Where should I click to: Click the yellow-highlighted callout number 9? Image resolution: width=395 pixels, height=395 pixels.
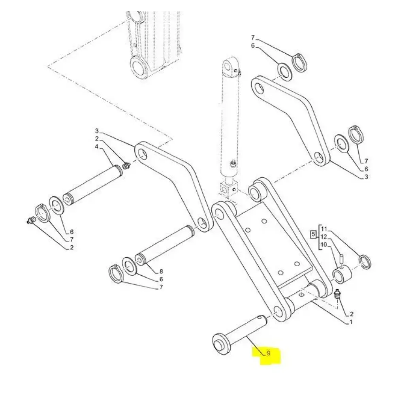click(x=268, y=353)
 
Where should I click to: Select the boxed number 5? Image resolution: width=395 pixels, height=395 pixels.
click(x=313, y=235)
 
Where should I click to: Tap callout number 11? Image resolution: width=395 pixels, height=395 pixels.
click(x=324, y=229)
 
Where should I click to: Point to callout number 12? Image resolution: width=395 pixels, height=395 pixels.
click(x=324, y=237)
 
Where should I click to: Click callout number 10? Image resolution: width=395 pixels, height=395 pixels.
click(x=324, y=245)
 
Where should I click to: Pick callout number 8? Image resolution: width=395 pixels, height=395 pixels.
click(x=161, y=271)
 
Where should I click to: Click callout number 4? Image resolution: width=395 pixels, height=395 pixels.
click(x=97, y=147)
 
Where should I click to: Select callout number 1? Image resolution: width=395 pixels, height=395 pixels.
click(x=351, y=322)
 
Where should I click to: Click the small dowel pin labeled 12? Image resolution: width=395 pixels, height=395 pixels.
click(x=341, y=259)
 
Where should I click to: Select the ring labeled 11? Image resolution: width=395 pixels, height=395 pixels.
click(x=365, y=262)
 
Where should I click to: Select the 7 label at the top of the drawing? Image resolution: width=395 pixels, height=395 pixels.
click(x=253, y=38)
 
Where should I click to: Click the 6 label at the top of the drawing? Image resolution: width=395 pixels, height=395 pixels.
click(x=253, y=45)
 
